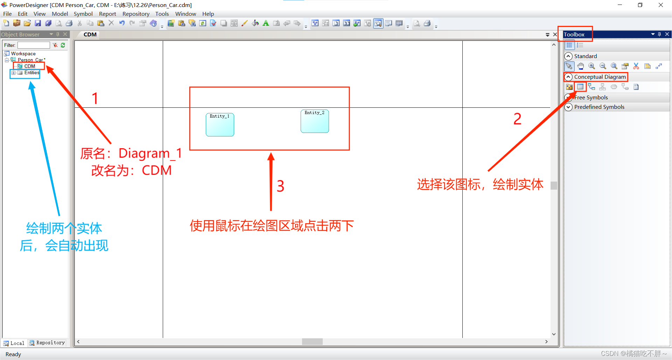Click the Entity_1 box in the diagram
point(220,125)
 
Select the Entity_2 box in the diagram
point(315,121)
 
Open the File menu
point(7,14)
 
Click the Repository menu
point(136,14)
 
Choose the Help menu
point(208,14)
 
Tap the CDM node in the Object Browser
point(29,66)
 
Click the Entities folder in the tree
point(31,73)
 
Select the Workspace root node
point(23,54)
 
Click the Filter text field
point(34,45)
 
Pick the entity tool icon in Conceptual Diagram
point(580,87)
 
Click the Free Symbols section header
point(591,98)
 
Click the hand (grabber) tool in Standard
point(581,66)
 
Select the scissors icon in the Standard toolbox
point(636,66)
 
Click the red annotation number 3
point(280,186)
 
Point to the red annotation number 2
point(517,119)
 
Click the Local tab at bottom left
point(14,343)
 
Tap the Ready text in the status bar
point(13,354)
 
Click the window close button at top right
point(660,5)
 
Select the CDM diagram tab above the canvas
point(90,35)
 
